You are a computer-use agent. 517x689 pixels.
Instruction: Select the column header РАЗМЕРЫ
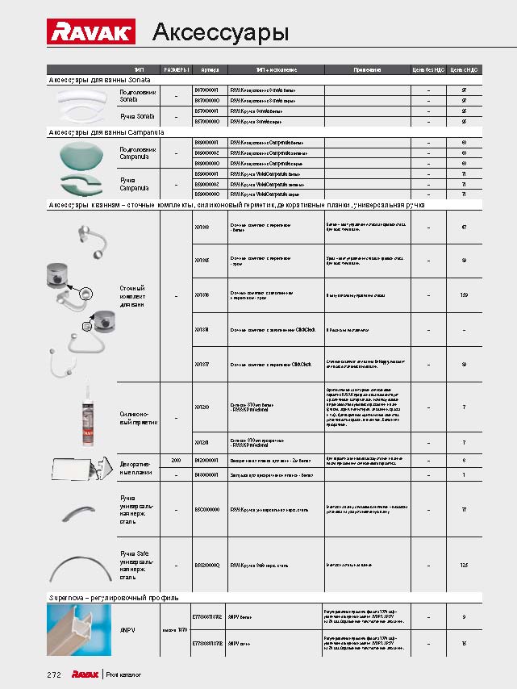click(x=176, y=70)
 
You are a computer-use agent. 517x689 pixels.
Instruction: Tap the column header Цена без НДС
click(x=428, y=70)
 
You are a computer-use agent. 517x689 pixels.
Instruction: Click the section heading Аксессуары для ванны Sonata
click(x=105, y=81)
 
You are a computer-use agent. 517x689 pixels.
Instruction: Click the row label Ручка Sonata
click(x=137, y=116)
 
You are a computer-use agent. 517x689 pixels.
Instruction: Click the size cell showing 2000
click(x=176, y=460)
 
